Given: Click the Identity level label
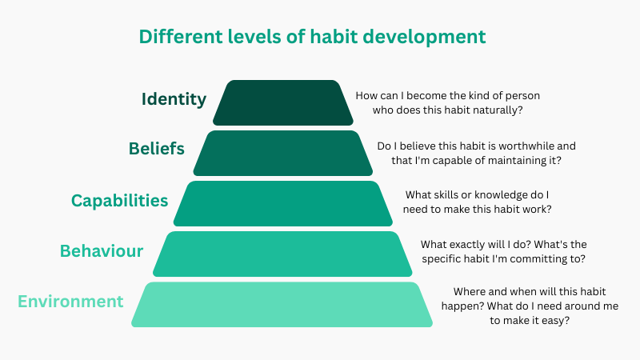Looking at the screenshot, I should pyautogui.click(x=174, y=99).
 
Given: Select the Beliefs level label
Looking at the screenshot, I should pyautogui.click(x=157, y=149).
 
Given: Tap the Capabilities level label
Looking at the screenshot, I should pyautogui.click(x=120, y=200).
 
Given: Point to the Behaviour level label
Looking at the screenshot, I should pyautogui.click(x=102, y=251).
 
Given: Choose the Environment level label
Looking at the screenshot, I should pyautogui.click(x=70, y=302).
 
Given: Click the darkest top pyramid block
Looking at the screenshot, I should pyautogui.click(x=283, y=102).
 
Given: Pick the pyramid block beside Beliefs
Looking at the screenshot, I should pyautogui.click(x=283, y=153).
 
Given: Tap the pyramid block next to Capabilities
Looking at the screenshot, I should pyautogui.click(x=283, y=203).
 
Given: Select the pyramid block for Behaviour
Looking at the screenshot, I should pyautogui.click(x=283, y=254).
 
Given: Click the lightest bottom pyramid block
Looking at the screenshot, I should pyautogui.click(x=283, y=304).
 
